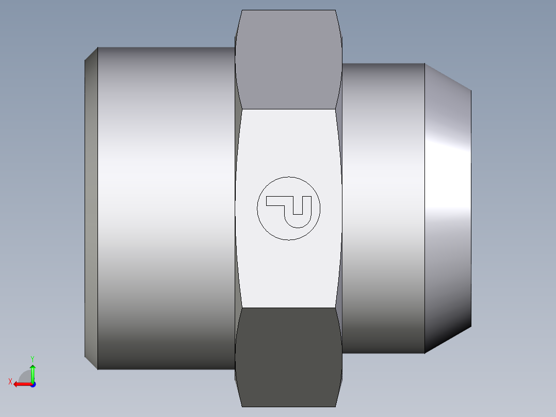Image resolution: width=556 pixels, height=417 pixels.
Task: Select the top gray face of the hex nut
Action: (288, 59)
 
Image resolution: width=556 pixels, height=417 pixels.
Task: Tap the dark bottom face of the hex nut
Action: (288, 356)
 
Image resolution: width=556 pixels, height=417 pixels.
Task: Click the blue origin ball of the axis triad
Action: (32, 384)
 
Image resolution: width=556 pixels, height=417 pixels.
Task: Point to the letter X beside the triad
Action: (10, 381)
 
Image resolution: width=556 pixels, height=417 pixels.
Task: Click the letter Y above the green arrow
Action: (32, 358)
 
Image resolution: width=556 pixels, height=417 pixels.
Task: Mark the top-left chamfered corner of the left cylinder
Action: (91, 54)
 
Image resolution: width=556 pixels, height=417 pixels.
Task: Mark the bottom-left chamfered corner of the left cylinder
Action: (91, 363)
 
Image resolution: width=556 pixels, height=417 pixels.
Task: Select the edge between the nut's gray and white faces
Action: (288, 109)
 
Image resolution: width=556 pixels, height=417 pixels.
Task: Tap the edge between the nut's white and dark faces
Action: (288, 308)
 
